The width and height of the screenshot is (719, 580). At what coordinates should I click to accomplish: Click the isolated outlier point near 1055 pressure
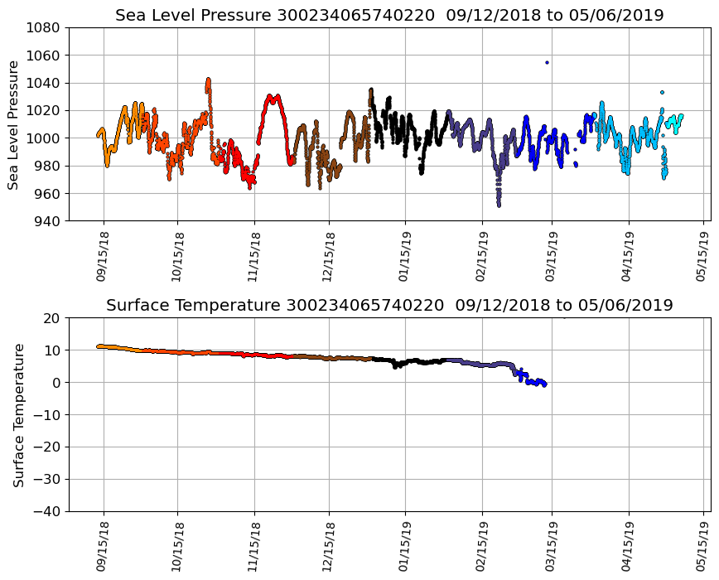tap(547, 62)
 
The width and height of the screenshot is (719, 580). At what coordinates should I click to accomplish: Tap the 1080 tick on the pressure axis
tap(46, 27)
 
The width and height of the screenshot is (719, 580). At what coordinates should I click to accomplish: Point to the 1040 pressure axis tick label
tap(46, 83)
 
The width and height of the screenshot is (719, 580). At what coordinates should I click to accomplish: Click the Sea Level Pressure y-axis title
tap(14, 124)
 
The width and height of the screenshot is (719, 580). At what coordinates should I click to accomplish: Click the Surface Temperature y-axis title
tap(17, 414)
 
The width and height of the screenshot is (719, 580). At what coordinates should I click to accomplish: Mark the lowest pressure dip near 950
tap(499, 205)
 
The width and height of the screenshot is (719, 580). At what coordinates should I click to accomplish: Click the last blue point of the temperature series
tap(544, 385)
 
